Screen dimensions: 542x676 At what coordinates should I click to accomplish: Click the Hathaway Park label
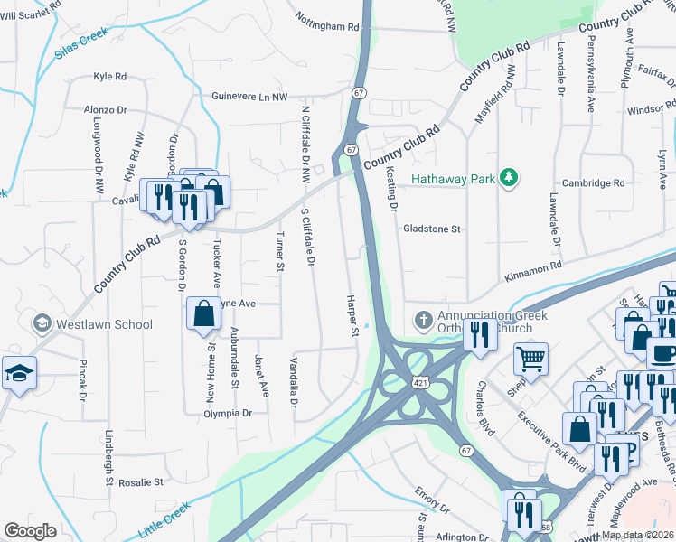click(x=453, y=179)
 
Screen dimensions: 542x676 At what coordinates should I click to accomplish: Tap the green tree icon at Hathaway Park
click(x=510, y=178)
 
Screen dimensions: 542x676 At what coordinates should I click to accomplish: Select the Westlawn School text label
click(x=102, y=323)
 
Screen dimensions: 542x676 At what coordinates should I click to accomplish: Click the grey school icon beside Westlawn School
click(x=42, y=322)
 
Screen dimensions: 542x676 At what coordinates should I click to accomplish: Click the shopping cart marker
click(x=531, y=358)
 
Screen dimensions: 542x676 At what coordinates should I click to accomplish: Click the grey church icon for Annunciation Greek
click(x=422, y=321)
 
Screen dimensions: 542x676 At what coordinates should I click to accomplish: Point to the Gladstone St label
click(x=432, y=229)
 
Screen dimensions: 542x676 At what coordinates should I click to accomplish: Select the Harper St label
click(x=353, y=315)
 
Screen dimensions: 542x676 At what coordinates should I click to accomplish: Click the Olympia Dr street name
click(x=227, y=413)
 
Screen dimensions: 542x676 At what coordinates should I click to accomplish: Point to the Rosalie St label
click(x=138, y=482)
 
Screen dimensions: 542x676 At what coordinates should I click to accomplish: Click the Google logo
click(x=30, y=531)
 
